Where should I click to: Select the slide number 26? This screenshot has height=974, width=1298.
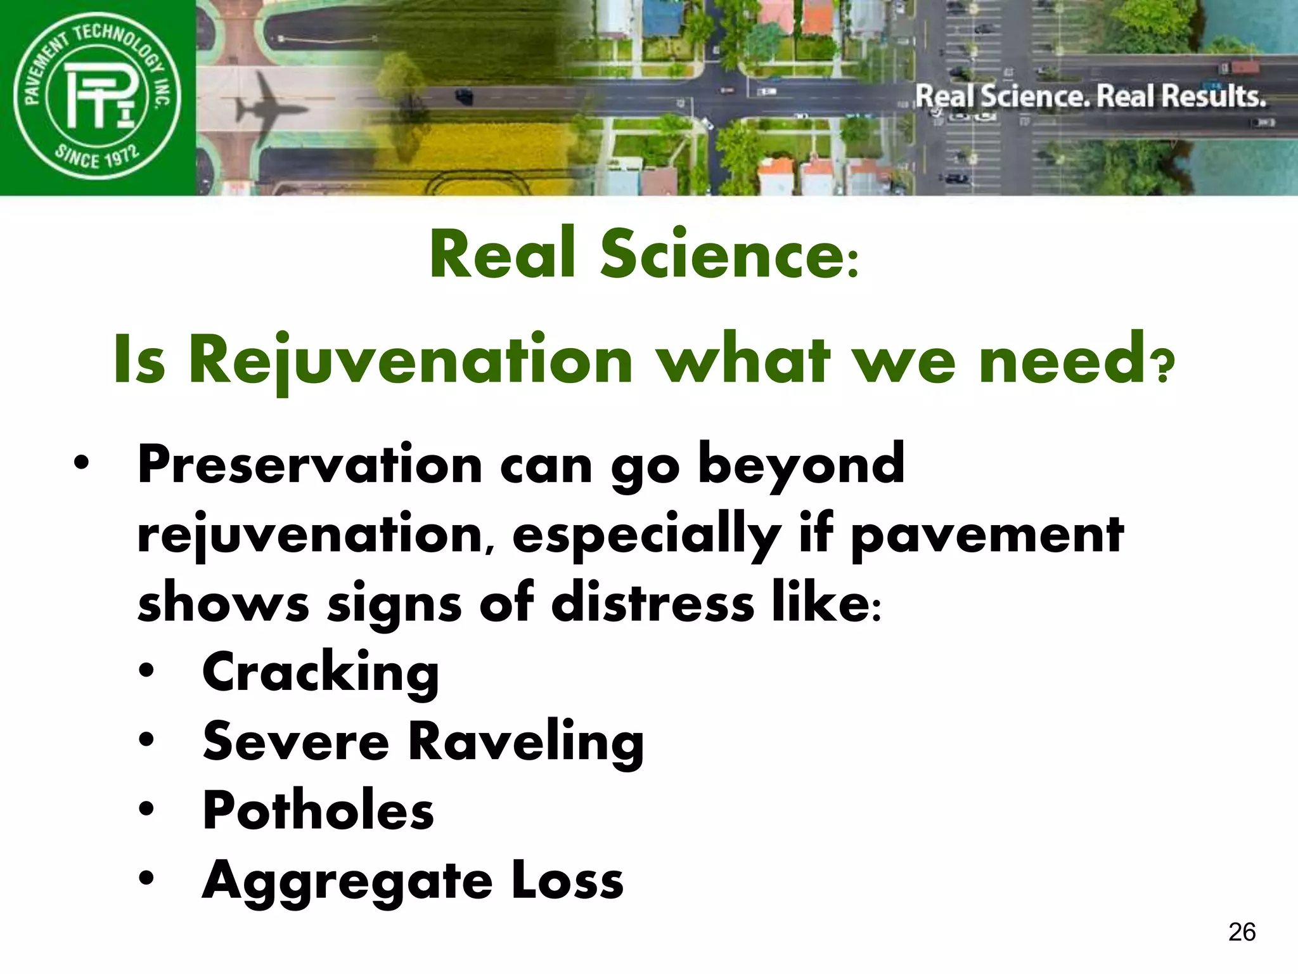1242,932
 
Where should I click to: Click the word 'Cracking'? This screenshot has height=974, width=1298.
320,673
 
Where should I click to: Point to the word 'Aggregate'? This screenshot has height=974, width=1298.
347,881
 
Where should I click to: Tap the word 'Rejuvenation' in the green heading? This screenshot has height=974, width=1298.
411,360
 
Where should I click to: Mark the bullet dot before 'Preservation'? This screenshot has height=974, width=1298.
81,462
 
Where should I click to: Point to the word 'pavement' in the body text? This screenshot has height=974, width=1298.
987,535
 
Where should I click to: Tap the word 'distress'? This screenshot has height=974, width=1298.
653,603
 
